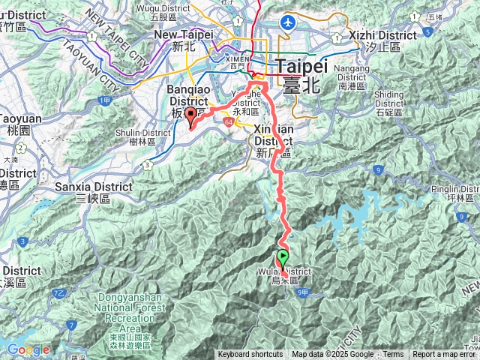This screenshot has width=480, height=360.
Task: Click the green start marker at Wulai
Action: coord(283,259)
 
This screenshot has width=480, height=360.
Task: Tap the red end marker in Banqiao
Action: coord(190,115)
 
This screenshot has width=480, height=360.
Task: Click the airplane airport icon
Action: coord(286,22)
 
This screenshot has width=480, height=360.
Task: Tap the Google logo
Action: coord(28,349)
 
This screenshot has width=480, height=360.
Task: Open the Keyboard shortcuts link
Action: coord(250,355)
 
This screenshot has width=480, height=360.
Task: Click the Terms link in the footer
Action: coord(393,355)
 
